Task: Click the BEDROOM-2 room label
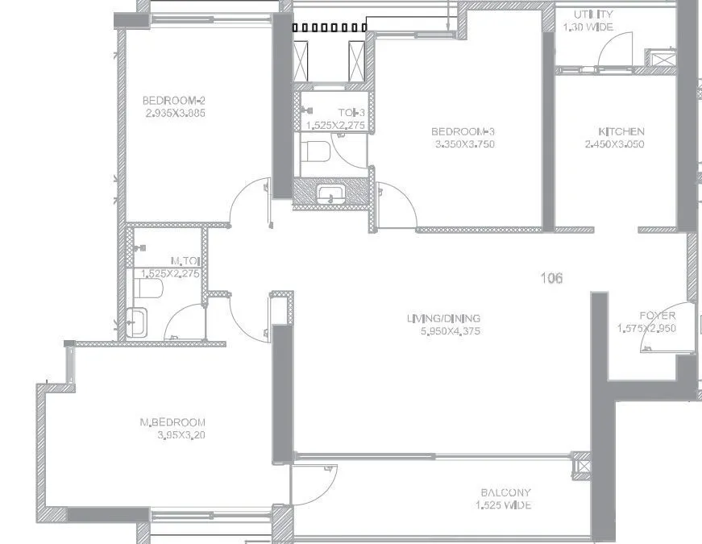pos(174,101)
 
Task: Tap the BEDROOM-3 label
pos(463,131)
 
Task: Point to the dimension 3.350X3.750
pos(463,144)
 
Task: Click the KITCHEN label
pos(621,131)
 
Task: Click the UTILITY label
pos(593,15)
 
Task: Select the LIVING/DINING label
pos(444,318)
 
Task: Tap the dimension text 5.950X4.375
pos(444,331)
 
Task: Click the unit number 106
pos(551,279)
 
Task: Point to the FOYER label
pos(657,316)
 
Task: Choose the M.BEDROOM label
pos(172,422)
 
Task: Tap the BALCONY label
pos(505,492)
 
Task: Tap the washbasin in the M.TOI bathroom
pos(137,322)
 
